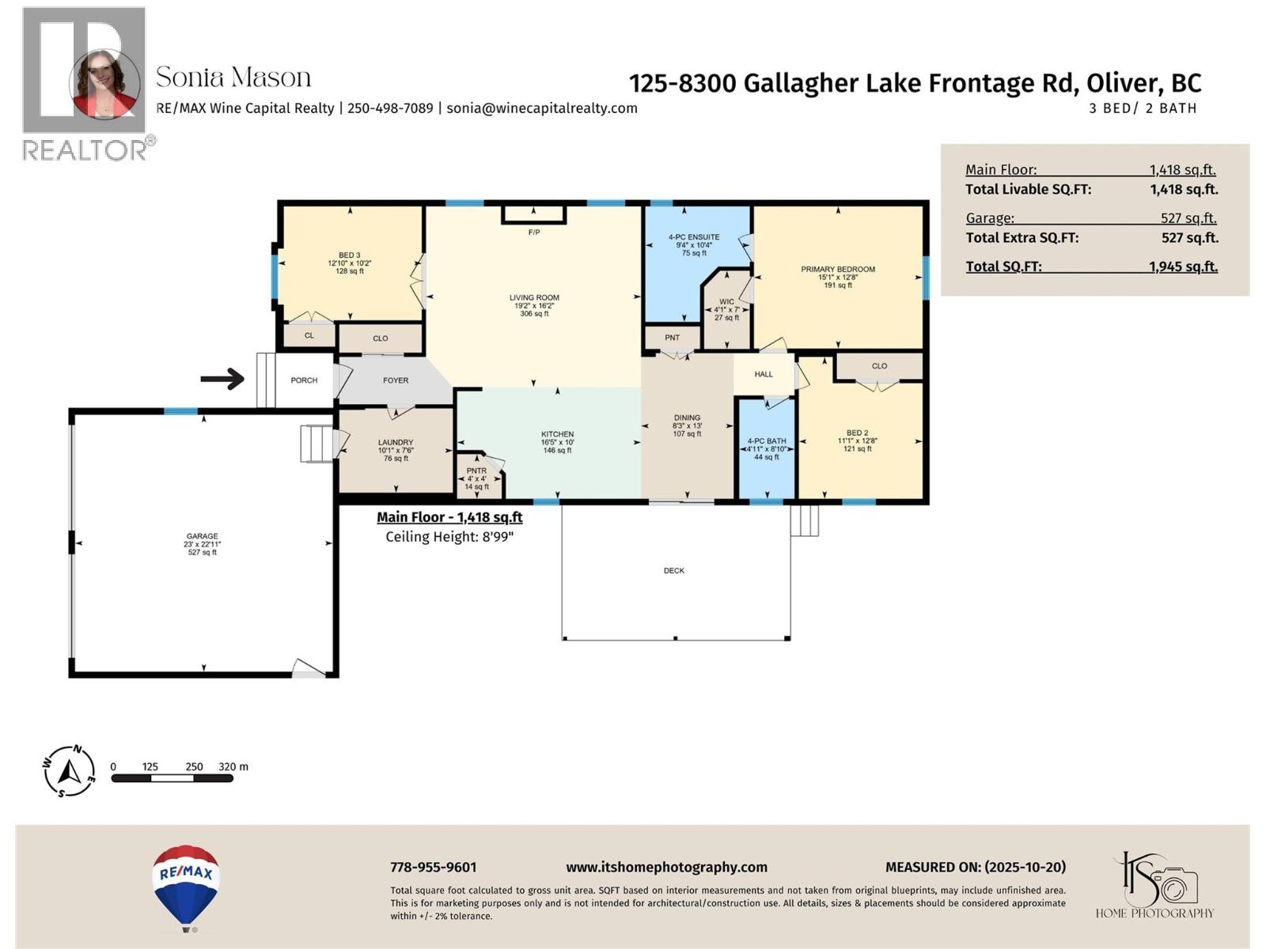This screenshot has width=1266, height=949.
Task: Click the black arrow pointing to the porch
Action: tap(222, 379)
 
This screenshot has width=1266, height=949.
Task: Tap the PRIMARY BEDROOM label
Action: tap(837, 270)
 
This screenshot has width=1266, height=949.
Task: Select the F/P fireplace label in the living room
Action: tap(534, 233)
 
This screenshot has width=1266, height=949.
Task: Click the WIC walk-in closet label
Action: tap(726, 302)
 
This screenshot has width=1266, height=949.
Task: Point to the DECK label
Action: tap(674, 570)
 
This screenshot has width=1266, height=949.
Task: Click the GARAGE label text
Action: tap(203, 536)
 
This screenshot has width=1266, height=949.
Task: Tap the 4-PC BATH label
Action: tap(767, 441)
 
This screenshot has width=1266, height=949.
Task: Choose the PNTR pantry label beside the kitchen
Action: tap(476, 471)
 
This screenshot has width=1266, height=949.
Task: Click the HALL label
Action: tap(764, 374)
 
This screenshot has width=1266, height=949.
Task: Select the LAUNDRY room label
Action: tap(396, 443)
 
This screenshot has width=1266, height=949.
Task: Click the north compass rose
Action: tap(69, 770)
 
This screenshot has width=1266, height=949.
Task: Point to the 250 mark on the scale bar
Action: tap(194, 766)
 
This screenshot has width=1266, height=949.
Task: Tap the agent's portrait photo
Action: tap(104, 84)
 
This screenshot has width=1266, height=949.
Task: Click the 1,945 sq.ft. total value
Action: tap(1183, 267)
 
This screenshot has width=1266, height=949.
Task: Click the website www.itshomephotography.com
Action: tap(666, 868)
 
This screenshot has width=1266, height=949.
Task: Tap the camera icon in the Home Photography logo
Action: tap(1175, 884)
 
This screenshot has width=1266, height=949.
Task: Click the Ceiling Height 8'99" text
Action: tap(449, 537)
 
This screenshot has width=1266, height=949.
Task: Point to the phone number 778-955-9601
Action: tap(433, 868)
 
